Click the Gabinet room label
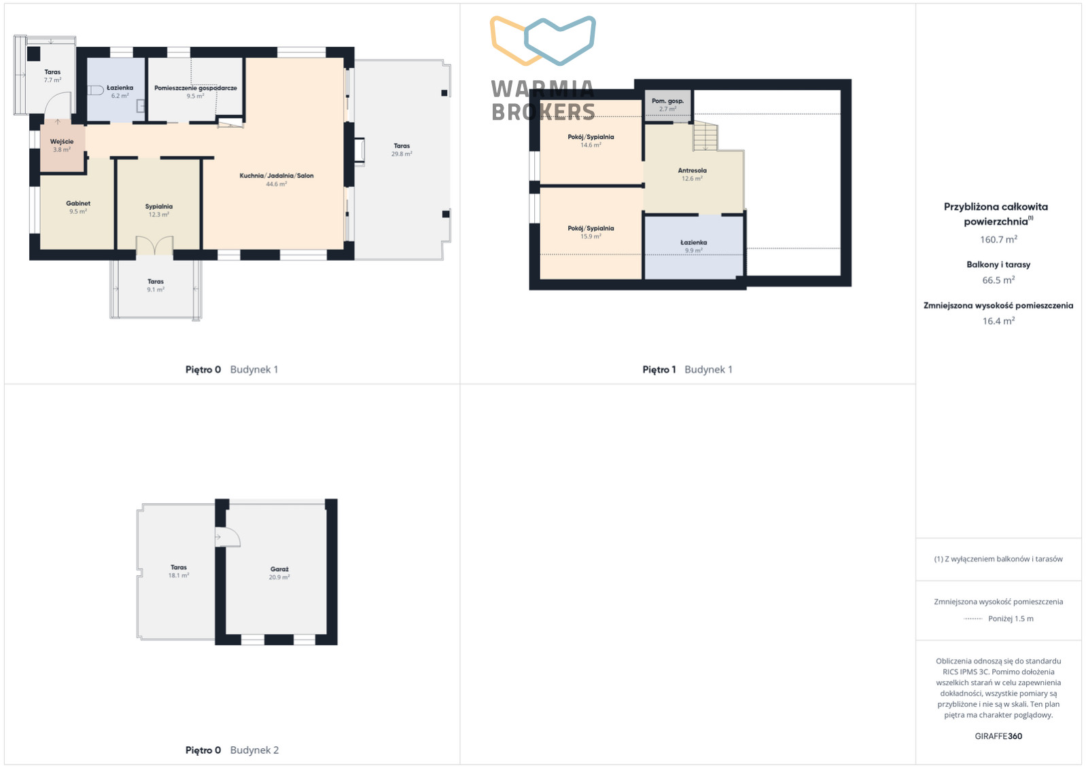pyautogui.click(x=78, y=204)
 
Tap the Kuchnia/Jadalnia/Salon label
pyautogui.click(x=277, y=176)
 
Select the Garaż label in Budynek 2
pyautogui.click(x=279, y=569)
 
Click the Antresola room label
pyautogui.click(x=692, y=170)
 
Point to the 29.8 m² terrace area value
pyautogui.click(x=402, y=154)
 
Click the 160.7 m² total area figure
pyautogui.click(x=998, y=240)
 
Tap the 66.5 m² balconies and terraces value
pyautogui.click(x=998, y=280)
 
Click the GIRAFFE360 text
pyautogui.click(x=998, y=736)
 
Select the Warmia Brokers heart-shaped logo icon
pyautogui.click(x=542, y=41)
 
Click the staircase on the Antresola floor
pyautogui.click(x=705, y=136)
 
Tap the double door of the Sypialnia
pyautogui.click(x=154, y=245)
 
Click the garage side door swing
pyautogui.click(x=228, y=537)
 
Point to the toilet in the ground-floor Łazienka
pyautogui.click(x=95, y=90)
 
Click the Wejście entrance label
pyautogui.click(x=62, y=141)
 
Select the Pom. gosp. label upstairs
pyautogui.click(x=667, y=100)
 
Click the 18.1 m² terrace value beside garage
pyautogui.click(x=179, y=576)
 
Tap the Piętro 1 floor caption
pyautogui.click(x=659, y=369)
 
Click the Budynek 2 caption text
pyautogui.click(x=254, y=750)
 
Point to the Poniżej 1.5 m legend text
pyautogui.click(x=1011, y=619)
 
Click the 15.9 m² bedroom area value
pyautogui.click(x=591, y=236)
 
